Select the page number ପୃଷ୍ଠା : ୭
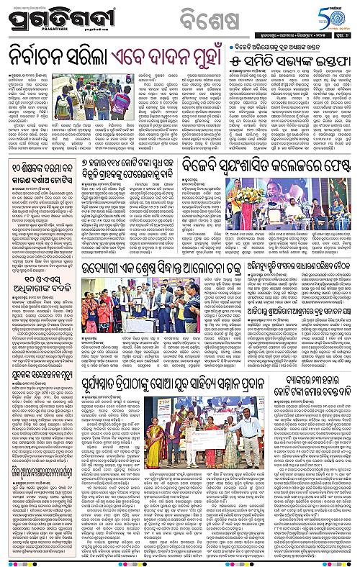point(343,33)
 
